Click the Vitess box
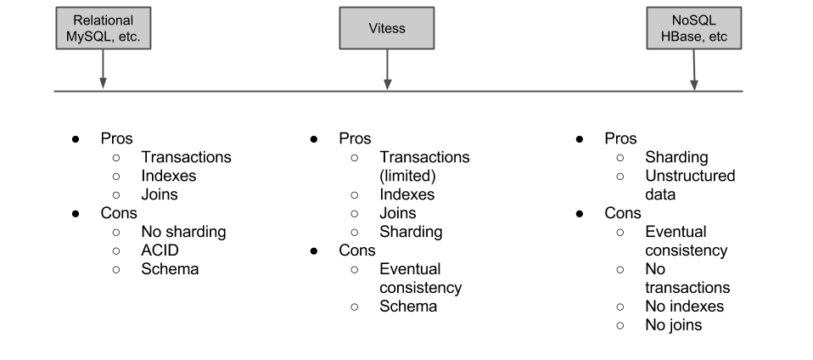(387, 28)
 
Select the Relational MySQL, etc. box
(104, 28)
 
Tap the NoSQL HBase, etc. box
(693, 28)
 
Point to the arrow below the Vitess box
(387, 70)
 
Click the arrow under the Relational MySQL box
(104, 70)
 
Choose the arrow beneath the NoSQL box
(694, 70)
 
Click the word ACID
(160, 250)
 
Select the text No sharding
(183, 231)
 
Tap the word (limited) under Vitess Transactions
(407, 176)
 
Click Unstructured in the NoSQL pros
(690, 176)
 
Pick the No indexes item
(684, 306)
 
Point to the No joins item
(674, 324)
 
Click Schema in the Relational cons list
(170, 268)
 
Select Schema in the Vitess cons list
(408, 306)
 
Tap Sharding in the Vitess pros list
(411, 231)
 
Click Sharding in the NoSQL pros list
(676, 157)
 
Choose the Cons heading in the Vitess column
(357, 250)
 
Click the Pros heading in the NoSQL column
(620, 138)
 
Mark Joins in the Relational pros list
(160, 194)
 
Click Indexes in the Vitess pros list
(407, 194)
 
